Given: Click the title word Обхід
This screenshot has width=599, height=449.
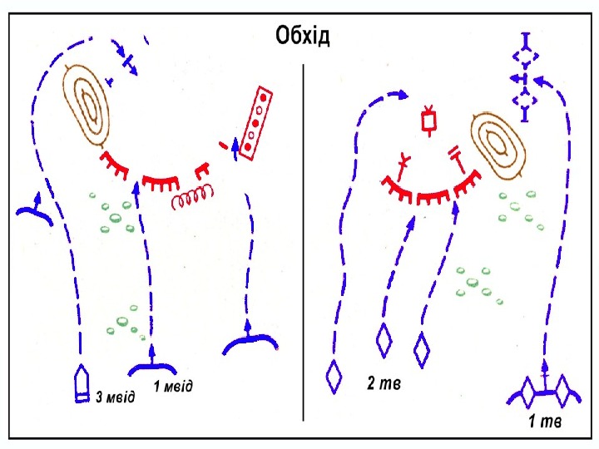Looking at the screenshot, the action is [x=302, y=37].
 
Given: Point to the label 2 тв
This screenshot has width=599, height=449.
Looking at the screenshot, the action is [x=384, y=383].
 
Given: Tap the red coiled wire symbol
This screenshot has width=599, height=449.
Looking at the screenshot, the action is [x=192, y=200].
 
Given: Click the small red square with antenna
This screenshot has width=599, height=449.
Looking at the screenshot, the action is [x=430, y=122].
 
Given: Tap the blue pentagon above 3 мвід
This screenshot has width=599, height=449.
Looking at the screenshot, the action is [x=82, y=385].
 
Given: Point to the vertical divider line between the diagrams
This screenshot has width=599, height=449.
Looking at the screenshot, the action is [x=304, y=241].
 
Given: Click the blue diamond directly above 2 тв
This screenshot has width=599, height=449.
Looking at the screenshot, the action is [x=384, y=341].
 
